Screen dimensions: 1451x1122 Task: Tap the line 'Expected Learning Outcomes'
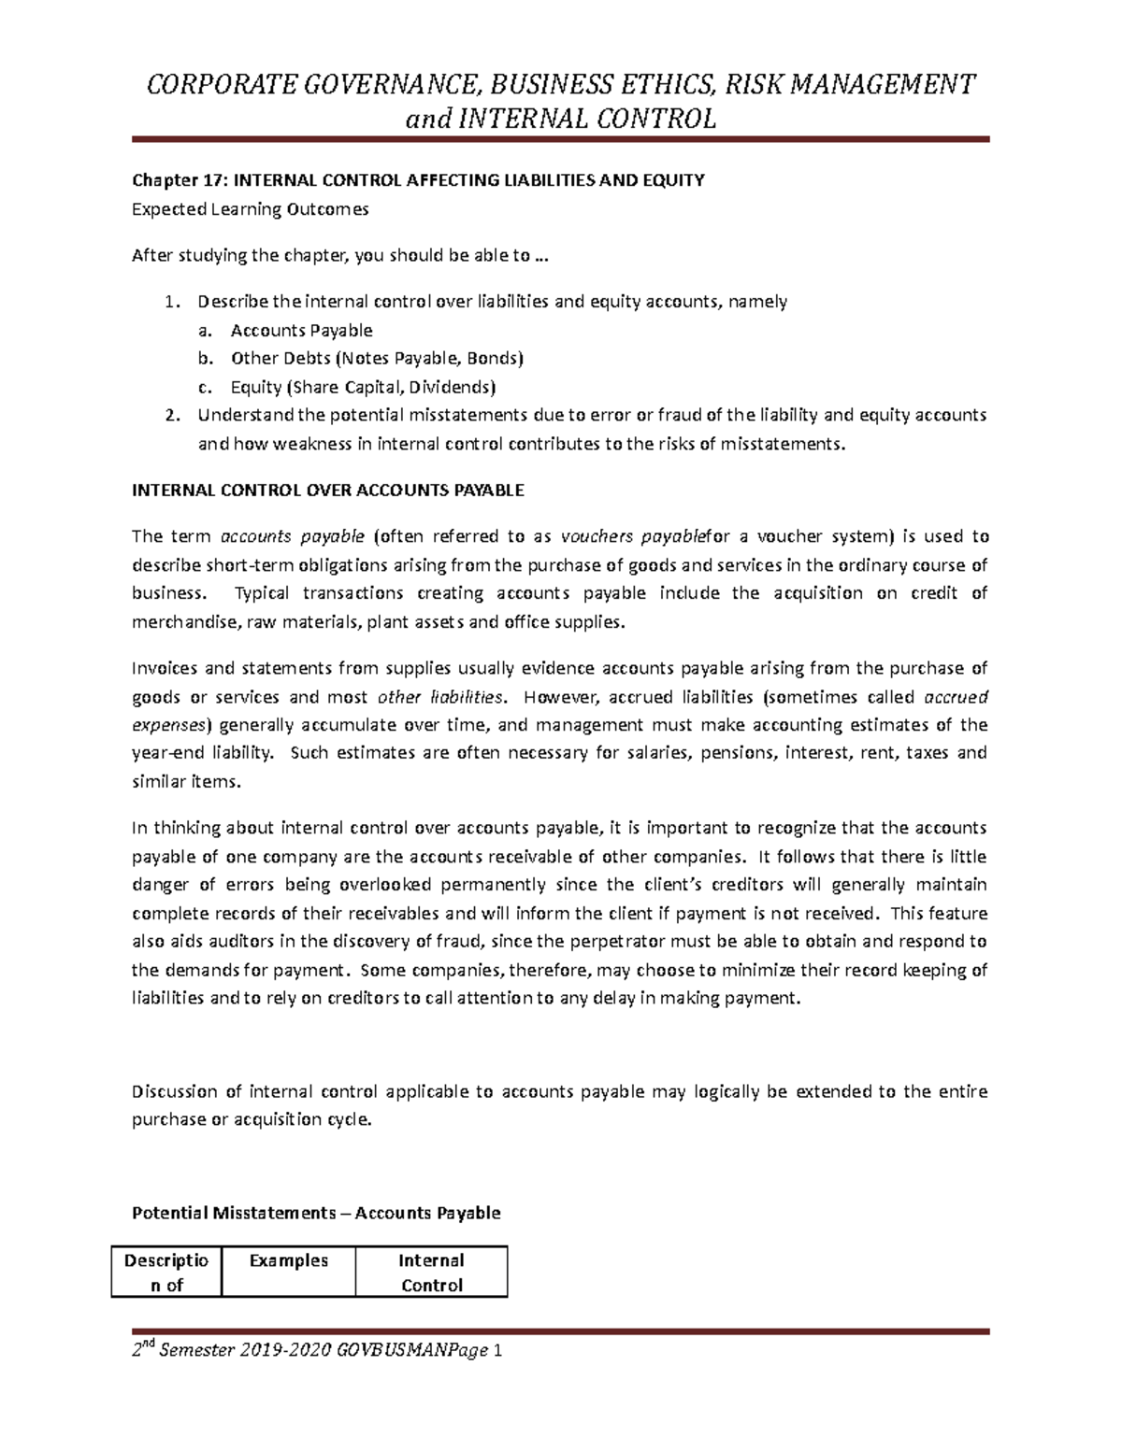(250, 209)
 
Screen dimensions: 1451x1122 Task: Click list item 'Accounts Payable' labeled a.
(301, 330)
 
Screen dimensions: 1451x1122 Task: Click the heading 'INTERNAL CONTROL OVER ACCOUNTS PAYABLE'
(328, 490)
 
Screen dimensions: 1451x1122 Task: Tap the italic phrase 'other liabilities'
(439, 696)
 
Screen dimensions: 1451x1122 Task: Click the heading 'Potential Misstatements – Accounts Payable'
(316, 1213)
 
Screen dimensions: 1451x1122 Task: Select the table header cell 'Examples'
(289, 1260)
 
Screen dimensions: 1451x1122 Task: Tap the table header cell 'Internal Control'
(431, 1273)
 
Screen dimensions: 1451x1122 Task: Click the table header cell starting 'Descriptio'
(166, 1273)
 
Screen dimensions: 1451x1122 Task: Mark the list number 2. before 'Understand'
(170, 416)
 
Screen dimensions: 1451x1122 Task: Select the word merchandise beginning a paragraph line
(184, 621)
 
